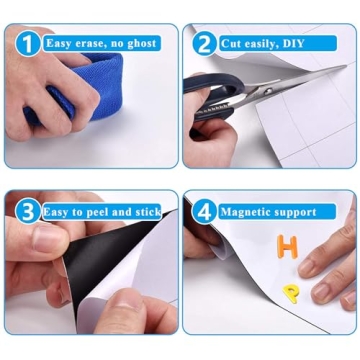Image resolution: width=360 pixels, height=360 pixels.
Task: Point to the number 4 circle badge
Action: [204, 211]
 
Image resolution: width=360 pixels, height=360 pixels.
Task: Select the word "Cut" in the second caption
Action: [232, 43]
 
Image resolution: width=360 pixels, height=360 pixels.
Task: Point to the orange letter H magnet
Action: [288, 246]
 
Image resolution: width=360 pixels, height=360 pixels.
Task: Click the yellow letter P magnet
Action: [291, 292]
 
